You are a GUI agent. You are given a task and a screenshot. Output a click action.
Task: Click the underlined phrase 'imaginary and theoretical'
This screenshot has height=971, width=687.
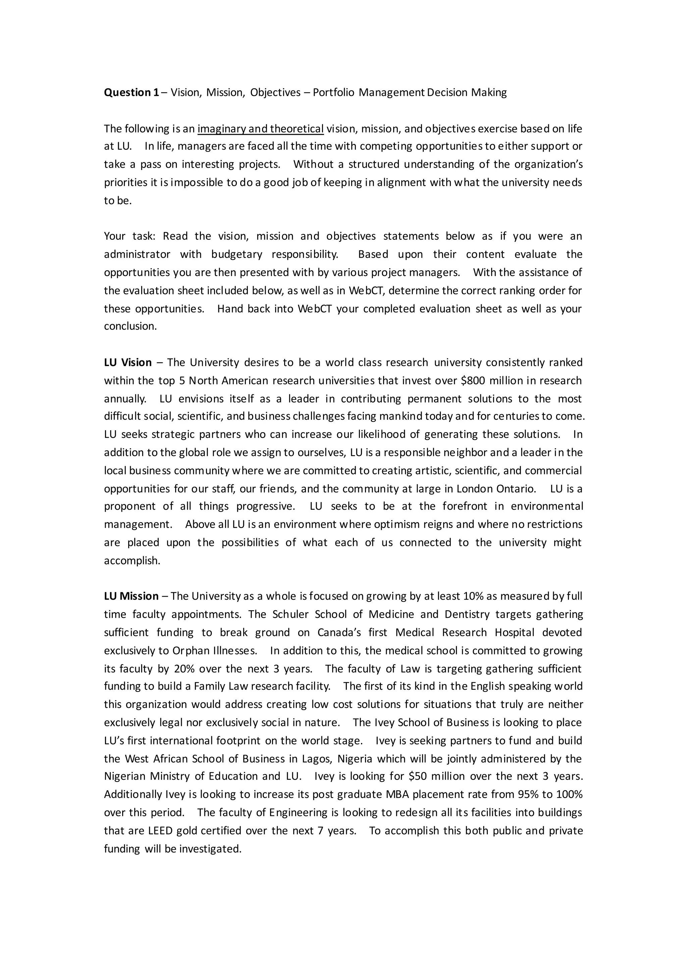(260, 128)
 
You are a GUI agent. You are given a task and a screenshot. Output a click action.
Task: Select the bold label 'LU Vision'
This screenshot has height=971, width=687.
(128, 362)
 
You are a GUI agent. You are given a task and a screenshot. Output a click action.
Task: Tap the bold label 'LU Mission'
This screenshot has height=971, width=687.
(131, 596)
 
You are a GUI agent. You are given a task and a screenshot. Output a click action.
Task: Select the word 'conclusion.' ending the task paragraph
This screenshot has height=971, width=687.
(130, 326)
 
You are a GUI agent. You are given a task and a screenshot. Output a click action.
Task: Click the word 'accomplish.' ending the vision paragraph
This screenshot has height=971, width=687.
(132, 561)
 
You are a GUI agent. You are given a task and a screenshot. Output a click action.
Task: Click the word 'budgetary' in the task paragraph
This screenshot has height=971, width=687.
(236, 254)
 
